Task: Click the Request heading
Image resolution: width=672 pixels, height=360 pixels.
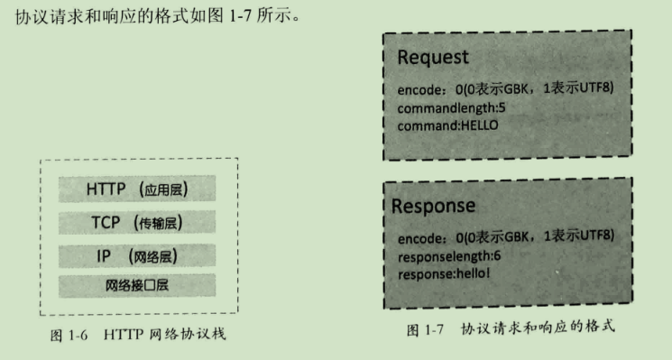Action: [x=433, y=58]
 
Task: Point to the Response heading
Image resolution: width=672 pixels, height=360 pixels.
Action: [x=433, y=206]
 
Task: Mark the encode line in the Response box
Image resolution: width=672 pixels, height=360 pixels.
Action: [x=505, y=237]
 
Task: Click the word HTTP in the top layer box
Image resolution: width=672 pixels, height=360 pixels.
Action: [x=107, y=189]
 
